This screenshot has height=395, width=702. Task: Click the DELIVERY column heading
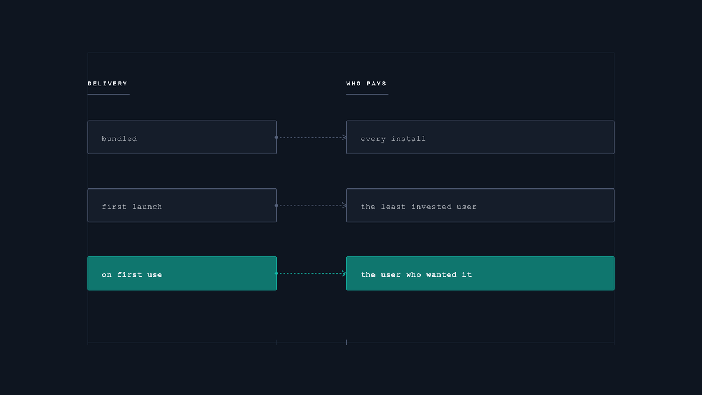[x=108, y=84]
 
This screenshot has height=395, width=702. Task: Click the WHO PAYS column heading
[x=366, y=84]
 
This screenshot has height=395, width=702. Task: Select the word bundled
[x=119, y=139]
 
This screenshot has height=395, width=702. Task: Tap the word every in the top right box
[x=373, y=139]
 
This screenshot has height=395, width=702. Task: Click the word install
[x=408, y=139]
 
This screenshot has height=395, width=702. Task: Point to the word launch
[x=147, y=207]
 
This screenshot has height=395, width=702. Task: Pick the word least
[x=393, y=207]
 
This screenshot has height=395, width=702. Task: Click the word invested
[x=431, y=207]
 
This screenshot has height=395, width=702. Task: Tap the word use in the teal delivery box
[x=154, y=275]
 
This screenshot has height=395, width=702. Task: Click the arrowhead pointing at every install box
[x=345, y=138]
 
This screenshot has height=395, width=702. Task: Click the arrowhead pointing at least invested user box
[x=345, y=205]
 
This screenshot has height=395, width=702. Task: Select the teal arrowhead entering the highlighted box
[x=345, y=273]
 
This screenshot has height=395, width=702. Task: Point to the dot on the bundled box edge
[x=276, y=138]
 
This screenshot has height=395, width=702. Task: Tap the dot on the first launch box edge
[x=276, y=205]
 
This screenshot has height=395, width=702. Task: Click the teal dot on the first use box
[x=276, y=273]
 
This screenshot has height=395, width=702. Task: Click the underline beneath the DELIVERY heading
[x=108, y=94]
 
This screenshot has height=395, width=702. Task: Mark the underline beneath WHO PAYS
[x=367, y=94]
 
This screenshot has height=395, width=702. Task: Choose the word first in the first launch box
[x=115, y=207]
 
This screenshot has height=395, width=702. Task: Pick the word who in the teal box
[x=414, y=274]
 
